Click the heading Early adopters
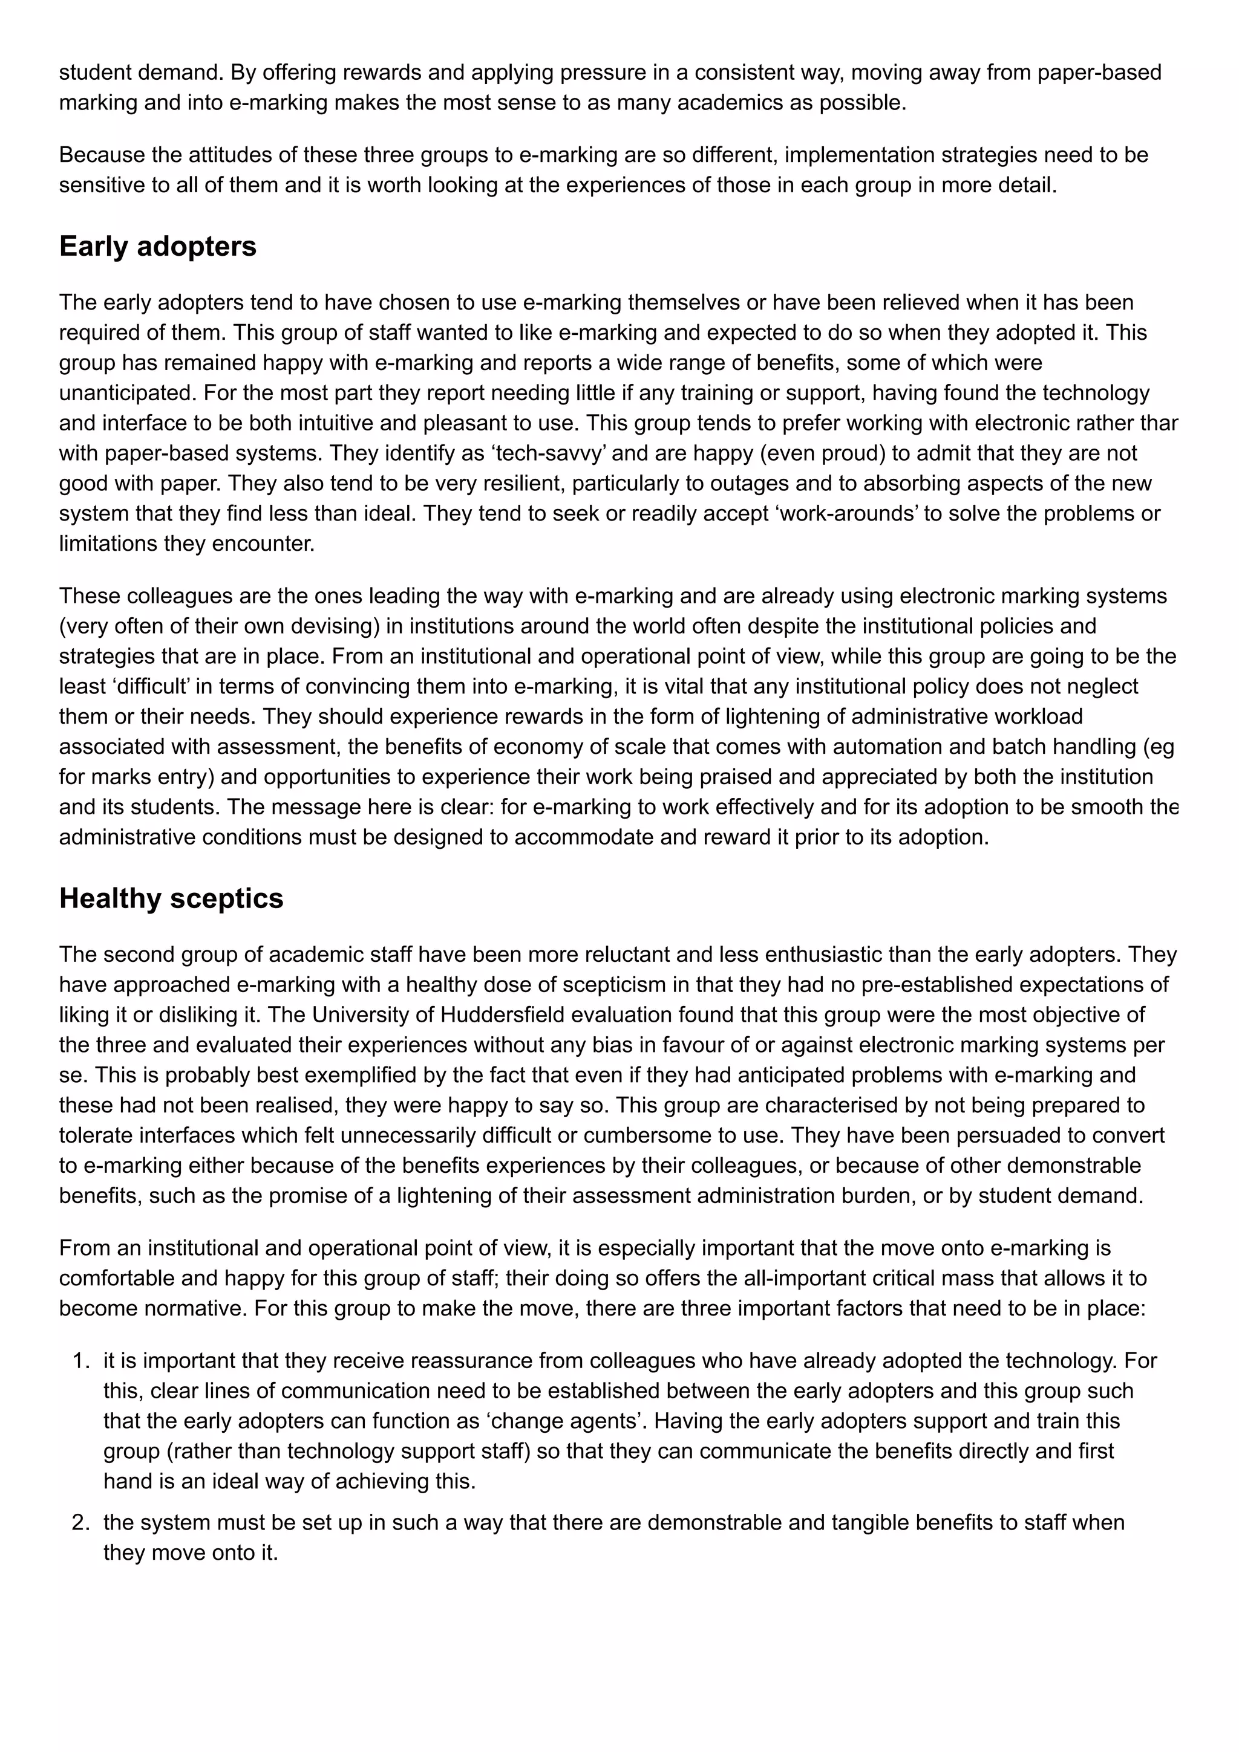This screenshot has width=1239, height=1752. (x=158, y=247)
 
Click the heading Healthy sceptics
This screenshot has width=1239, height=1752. (x=171, y=898)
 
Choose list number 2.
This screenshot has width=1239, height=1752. (x=81, y=1522)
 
